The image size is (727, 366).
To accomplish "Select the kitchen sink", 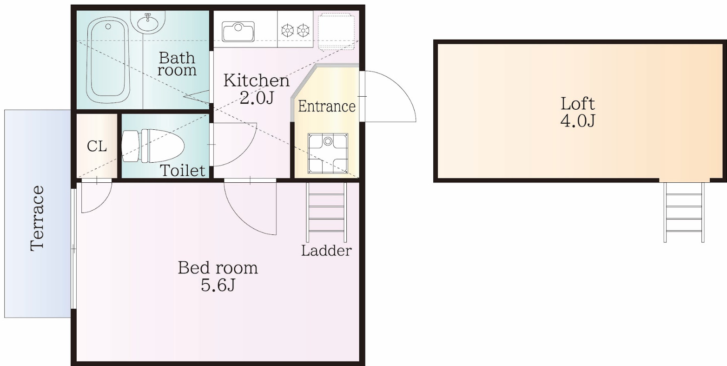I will pos(238,32).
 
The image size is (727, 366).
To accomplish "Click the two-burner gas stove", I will pos(295,31).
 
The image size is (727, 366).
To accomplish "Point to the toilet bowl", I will pos(153,146).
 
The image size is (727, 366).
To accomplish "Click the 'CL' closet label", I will pos(97,146).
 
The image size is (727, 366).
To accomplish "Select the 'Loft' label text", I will pos(578,103).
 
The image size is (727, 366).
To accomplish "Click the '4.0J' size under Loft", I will pos(578,121).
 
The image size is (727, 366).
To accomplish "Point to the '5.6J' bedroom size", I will pos(218,285).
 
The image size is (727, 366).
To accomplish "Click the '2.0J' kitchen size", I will pos(256,98).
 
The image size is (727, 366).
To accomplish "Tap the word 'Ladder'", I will pos(326,251).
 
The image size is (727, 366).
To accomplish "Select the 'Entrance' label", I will pos(326,106).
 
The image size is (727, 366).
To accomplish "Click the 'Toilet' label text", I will pos(183,171).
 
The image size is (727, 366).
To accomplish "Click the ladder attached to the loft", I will pos(684,212).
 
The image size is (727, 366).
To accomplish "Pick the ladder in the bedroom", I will pos(326,212).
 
